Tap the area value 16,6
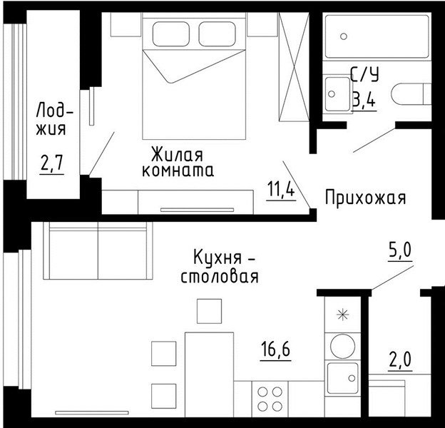coord(275,349)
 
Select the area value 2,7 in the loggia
coord(51,163)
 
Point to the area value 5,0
coord(399,250)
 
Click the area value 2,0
coord(400,360)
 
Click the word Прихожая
coord(366,198)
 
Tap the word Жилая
coord(177,154)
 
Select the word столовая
coord(220,277)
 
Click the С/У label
coord(364,74)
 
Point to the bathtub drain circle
coord(344,36)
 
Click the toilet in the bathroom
coord(411,93)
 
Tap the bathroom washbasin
coord(338,94)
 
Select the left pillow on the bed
coord(171,34)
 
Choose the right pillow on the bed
coord(217,34)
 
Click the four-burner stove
coord(270,399)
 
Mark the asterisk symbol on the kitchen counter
coord(342,315)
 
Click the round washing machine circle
coord(342,346)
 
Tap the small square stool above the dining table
coord(209,311)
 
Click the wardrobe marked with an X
coord(294,67)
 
